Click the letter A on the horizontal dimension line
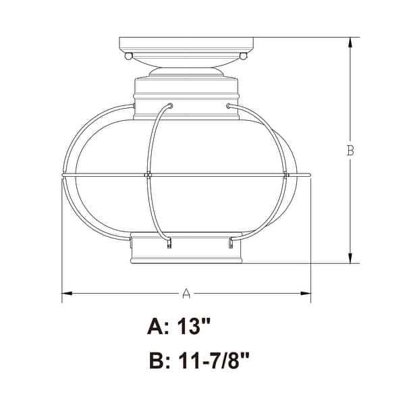187,294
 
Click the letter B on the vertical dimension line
350,151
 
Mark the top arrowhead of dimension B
350,43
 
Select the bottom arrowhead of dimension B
350,259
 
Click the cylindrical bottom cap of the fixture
186,250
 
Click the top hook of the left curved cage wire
170,105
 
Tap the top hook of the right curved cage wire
230,105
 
